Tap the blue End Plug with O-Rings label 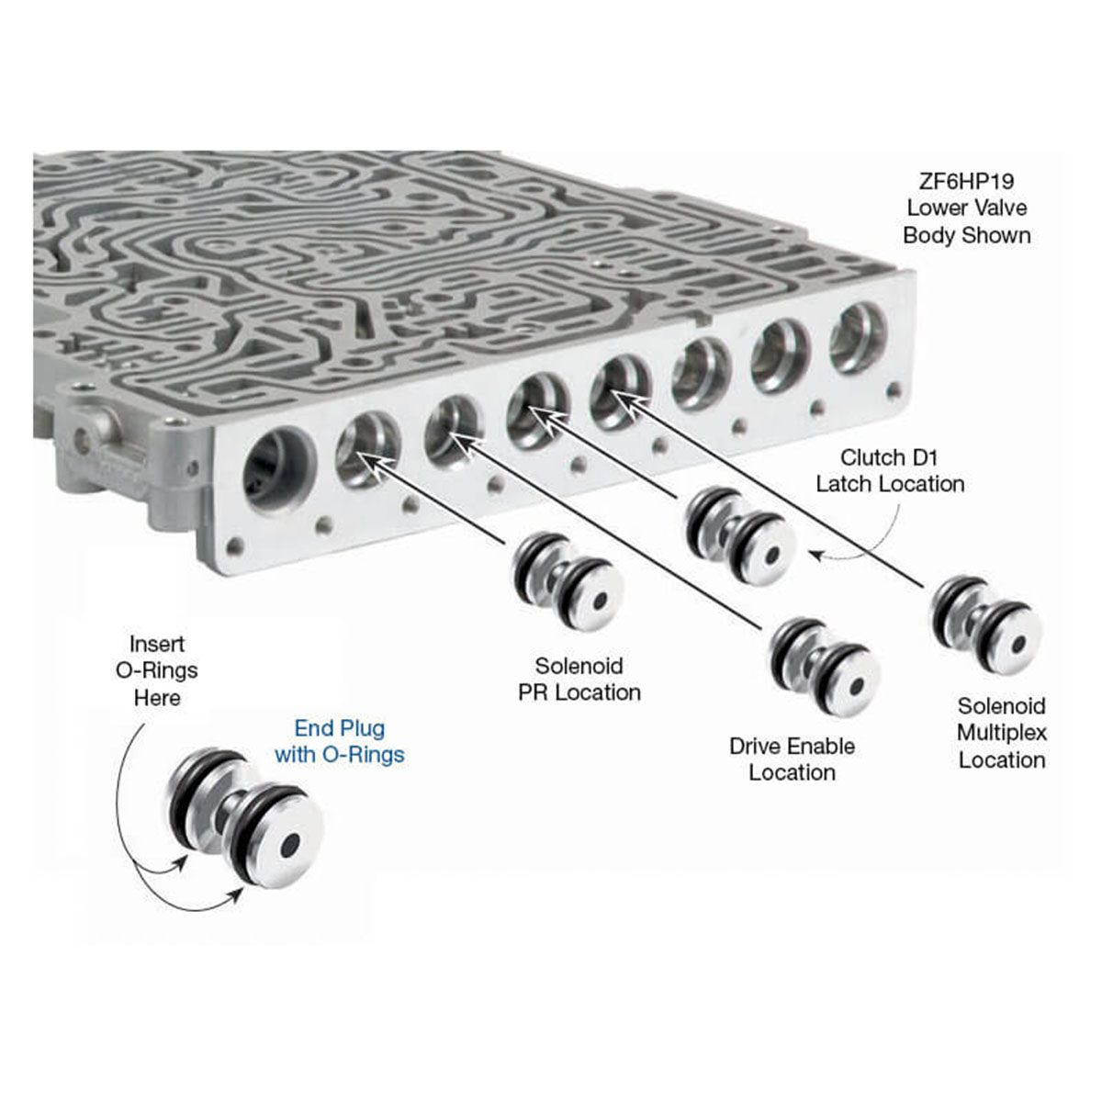pos(339,742)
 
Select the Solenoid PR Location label pos(579,680)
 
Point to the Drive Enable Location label pos(792,759)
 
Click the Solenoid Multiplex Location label pos(1001,733)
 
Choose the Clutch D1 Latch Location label pos(890,470)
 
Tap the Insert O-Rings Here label pos(156,671)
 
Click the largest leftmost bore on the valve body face pos(277,474)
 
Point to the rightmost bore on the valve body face pos(858,339)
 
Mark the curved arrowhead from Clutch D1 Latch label pos(813,554)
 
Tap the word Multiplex pos(1001,733)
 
